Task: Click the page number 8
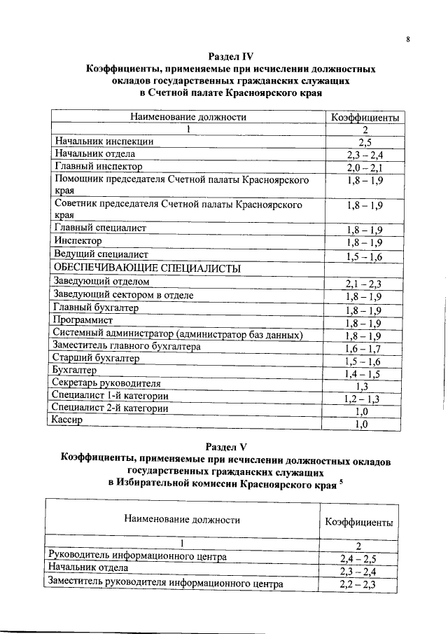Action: click(407, 40)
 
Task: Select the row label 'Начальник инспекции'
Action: click(104, 141)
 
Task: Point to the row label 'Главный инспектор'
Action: click(98, 167)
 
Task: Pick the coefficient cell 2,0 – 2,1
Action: click(364, 168)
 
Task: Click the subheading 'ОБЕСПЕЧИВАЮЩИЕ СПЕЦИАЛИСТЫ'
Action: click(147, 268)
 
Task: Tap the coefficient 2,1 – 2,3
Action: click(364, 284)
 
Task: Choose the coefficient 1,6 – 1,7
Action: click(363, 348)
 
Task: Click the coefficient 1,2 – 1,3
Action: click(363, 399)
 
